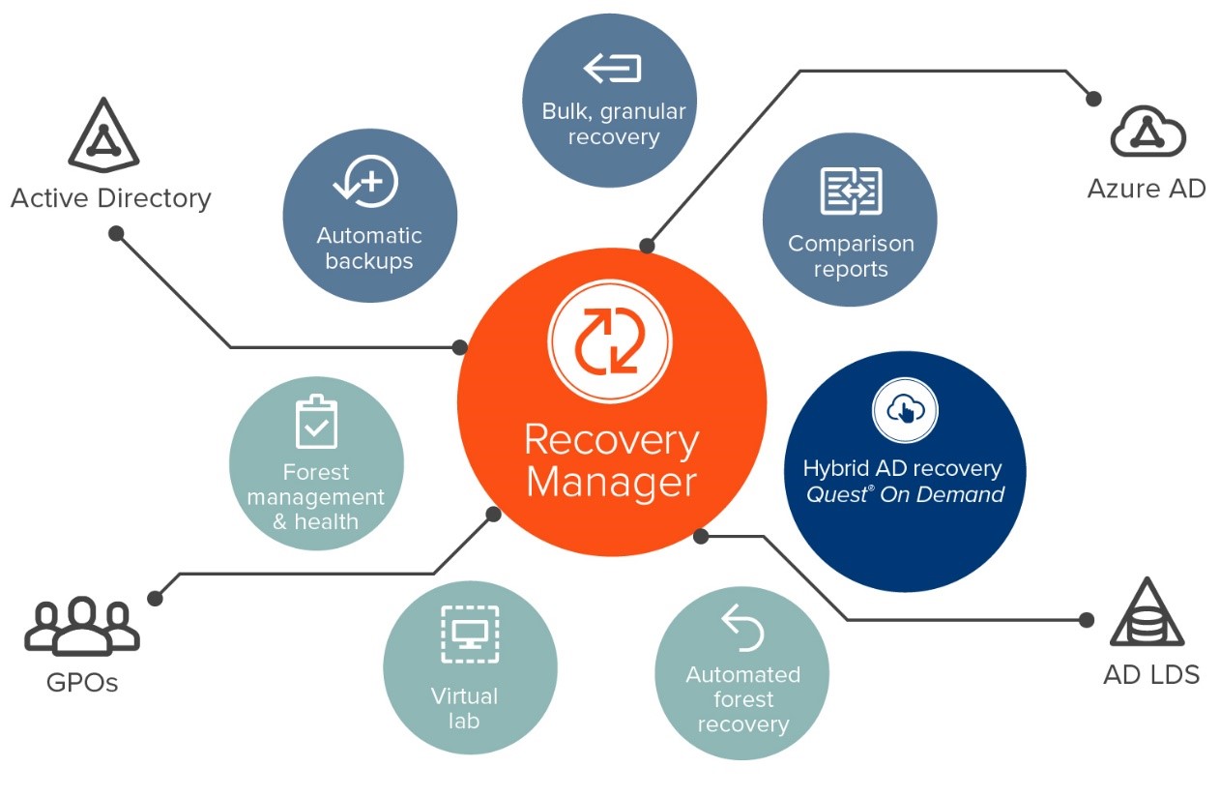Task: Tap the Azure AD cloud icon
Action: pyautogui.click(x=1147, y=133)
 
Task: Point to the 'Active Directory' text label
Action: pyautogui.click(x=110, y=198)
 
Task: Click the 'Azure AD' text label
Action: pyautogui.click(x=1147, y=188)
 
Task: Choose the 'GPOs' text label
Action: pyautogui.click(x=82, y=683)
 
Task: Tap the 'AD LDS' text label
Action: pyautogui.click(x=1151, y=674)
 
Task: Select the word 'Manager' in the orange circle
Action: pyautogui.click(x=611, y=482)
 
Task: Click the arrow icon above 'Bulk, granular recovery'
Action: pyautogui.click(x=612, y=69)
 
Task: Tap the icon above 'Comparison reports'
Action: pyautogui.click(x=850, y=190)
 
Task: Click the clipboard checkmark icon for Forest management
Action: pyautogui.click(x=315, y=422)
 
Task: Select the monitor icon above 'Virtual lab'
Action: pyautogui.click(x=470, y=635)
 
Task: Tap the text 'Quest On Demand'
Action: pyautogui.click(x=905, y=495)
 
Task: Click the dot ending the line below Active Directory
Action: pyautogui.click(x=116, y=233)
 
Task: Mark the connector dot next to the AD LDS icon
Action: pyautogui.click(x=1087, y=620)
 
